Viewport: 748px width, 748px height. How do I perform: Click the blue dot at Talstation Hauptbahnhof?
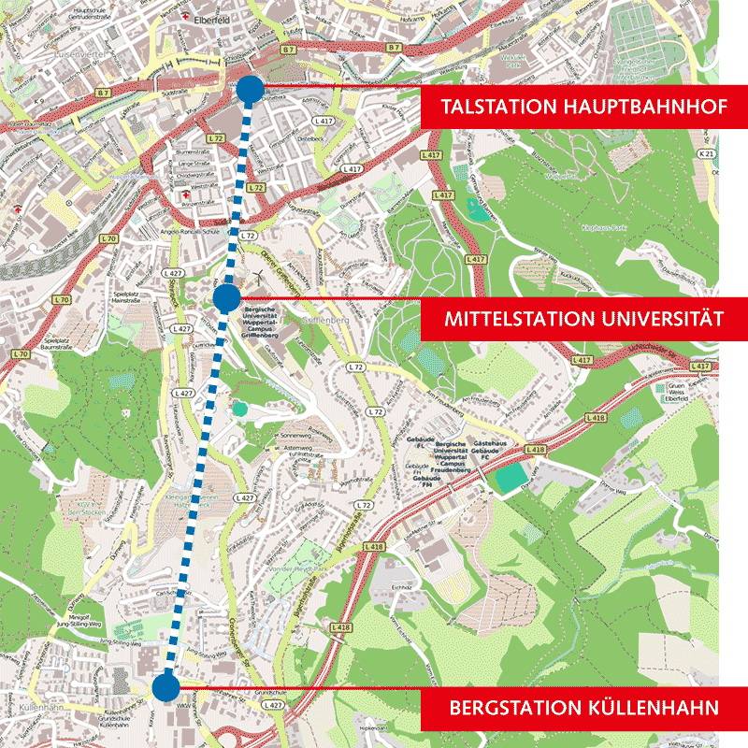coord(250,89)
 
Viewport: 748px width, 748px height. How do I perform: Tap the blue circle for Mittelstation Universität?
coord(225,298)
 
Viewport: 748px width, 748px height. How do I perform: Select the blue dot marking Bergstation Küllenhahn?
coord(165,687)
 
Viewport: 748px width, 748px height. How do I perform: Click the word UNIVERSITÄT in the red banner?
coord(660,319)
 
